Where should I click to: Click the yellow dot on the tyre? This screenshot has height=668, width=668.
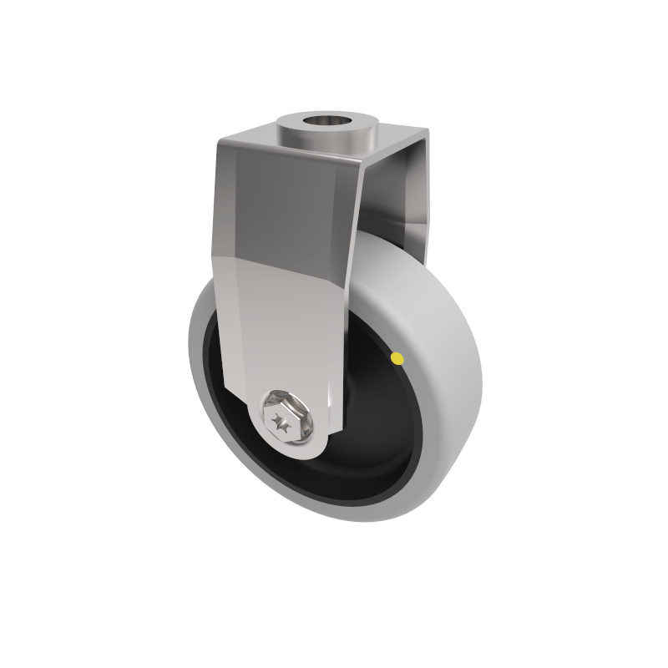click(397, 358)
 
